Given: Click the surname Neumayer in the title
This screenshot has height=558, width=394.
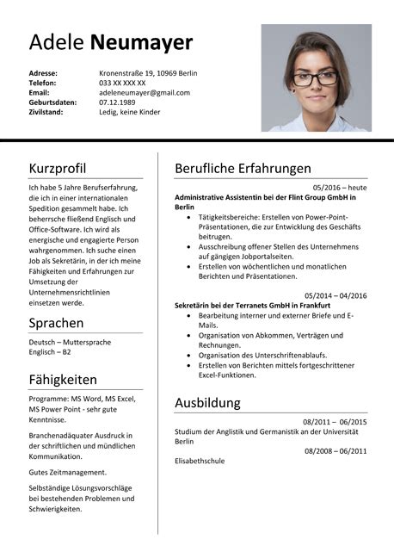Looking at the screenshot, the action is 141,43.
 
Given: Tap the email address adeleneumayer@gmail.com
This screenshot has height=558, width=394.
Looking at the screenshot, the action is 145,92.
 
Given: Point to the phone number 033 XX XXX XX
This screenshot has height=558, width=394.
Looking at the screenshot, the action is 123,83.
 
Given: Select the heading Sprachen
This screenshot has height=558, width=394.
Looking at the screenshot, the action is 56,323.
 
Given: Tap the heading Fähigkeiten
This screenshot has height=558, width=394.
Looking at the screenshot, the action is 63,379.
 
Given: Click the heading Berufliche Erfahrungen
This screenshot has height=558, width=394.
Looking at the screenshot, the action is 243,168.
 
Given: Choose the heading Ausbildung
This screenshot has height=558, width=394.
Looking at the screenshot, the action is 207,402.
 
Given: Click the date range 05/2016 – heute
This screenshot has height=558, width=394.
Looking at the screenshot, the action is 340,187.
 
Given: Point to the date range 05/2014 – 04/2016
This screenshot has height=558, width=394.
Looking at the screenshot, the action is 336,295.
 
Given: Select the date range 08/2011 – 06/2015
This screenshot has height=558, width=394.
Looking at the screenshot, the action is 335,422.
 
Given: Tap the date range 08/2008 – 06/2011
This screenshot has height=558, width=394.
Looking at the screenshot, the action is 335,450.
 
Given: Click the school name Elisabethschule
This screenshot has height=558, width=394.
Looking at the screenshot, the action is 200,461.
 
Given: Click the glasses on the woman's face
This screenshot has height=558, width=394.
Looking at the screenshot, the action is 316,78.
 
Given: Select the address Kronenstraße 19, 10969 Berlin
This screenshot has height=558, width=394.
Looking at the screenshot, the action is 148,73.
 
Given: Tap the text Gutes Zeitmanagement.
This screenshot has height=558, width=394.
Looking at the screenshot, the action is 67,472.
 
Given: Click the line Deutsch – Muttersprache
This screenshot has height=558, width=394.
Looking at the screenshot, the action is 69,342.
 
